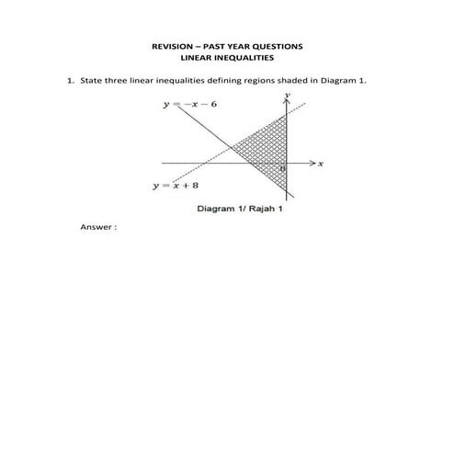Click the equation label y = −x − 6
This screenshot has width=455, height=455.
click(190, 104)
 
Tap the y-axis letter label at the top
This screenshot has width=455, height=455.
click(288, 95)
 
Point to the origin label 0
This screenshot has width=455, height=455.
click(282, 170)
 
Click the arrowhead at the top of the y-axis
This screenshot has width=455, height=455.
click(288, 102)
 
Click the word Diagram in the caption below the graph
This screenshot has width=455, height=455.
click(218, 210)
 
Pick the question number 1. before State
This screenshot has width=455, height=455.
click(69, 80)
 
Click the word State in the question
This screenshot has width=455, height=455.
click(91, 80)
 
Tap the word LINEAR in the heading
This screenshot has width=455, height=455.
click(199, 57)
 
